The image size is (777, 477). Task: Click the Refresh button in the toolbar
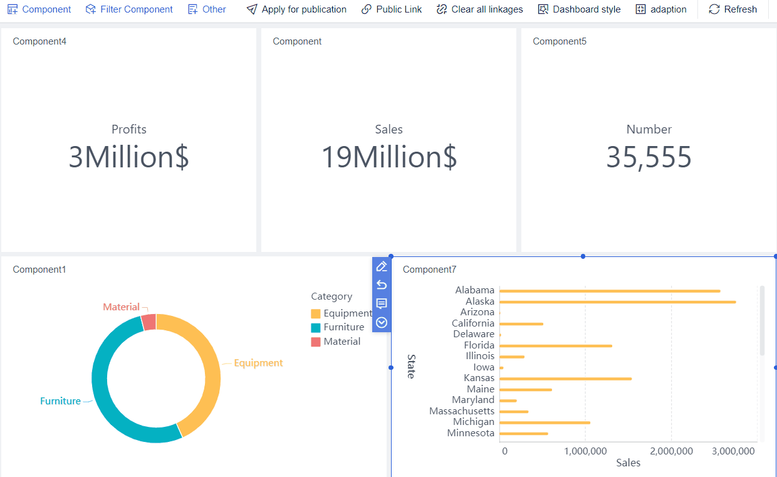[x=733, y=9]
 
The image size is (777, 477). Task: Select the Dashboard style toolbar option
[x=579, y=9]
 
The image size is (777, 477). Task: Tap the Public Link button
[x=392, y=9]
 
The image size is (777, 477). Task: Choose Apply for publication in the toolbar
[x=296, y=9]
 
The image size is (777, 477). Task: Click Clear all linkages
[x=479, y=9]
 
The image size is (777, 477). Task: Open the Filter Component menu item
[x=129, y=9]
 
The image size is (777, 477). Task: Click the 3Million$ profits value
[x=128, y=157]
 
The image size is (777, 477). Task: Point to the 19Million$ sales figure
[x=389, y=157]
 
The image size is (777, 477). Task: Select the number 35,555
[x=649, y=157]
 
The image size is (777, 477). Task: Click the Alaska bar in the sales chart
[x=617, y=302]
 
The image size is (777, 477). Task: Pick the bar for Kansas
[x=565, y=379]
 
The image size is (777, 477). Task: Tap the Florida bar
[x=555, y=346]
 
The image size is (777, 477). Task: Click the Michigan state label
[x=473, y=422]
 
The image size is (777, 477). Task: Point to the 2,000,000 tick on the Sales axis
[x=671, y=451]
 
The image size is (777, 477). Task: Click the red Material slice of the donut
[x=149, y=322]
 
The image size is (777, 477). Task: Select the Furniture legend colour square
[x=316, y=328]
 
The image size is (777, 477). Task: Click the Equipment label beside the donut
[x=258, y=363]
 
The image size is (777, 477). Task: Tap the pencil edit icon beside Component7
[x=382, y=266]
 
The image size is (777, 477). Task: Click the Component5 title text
[x=560, y=41]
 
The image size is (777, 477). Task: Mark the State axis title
[x=411, y=366]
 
